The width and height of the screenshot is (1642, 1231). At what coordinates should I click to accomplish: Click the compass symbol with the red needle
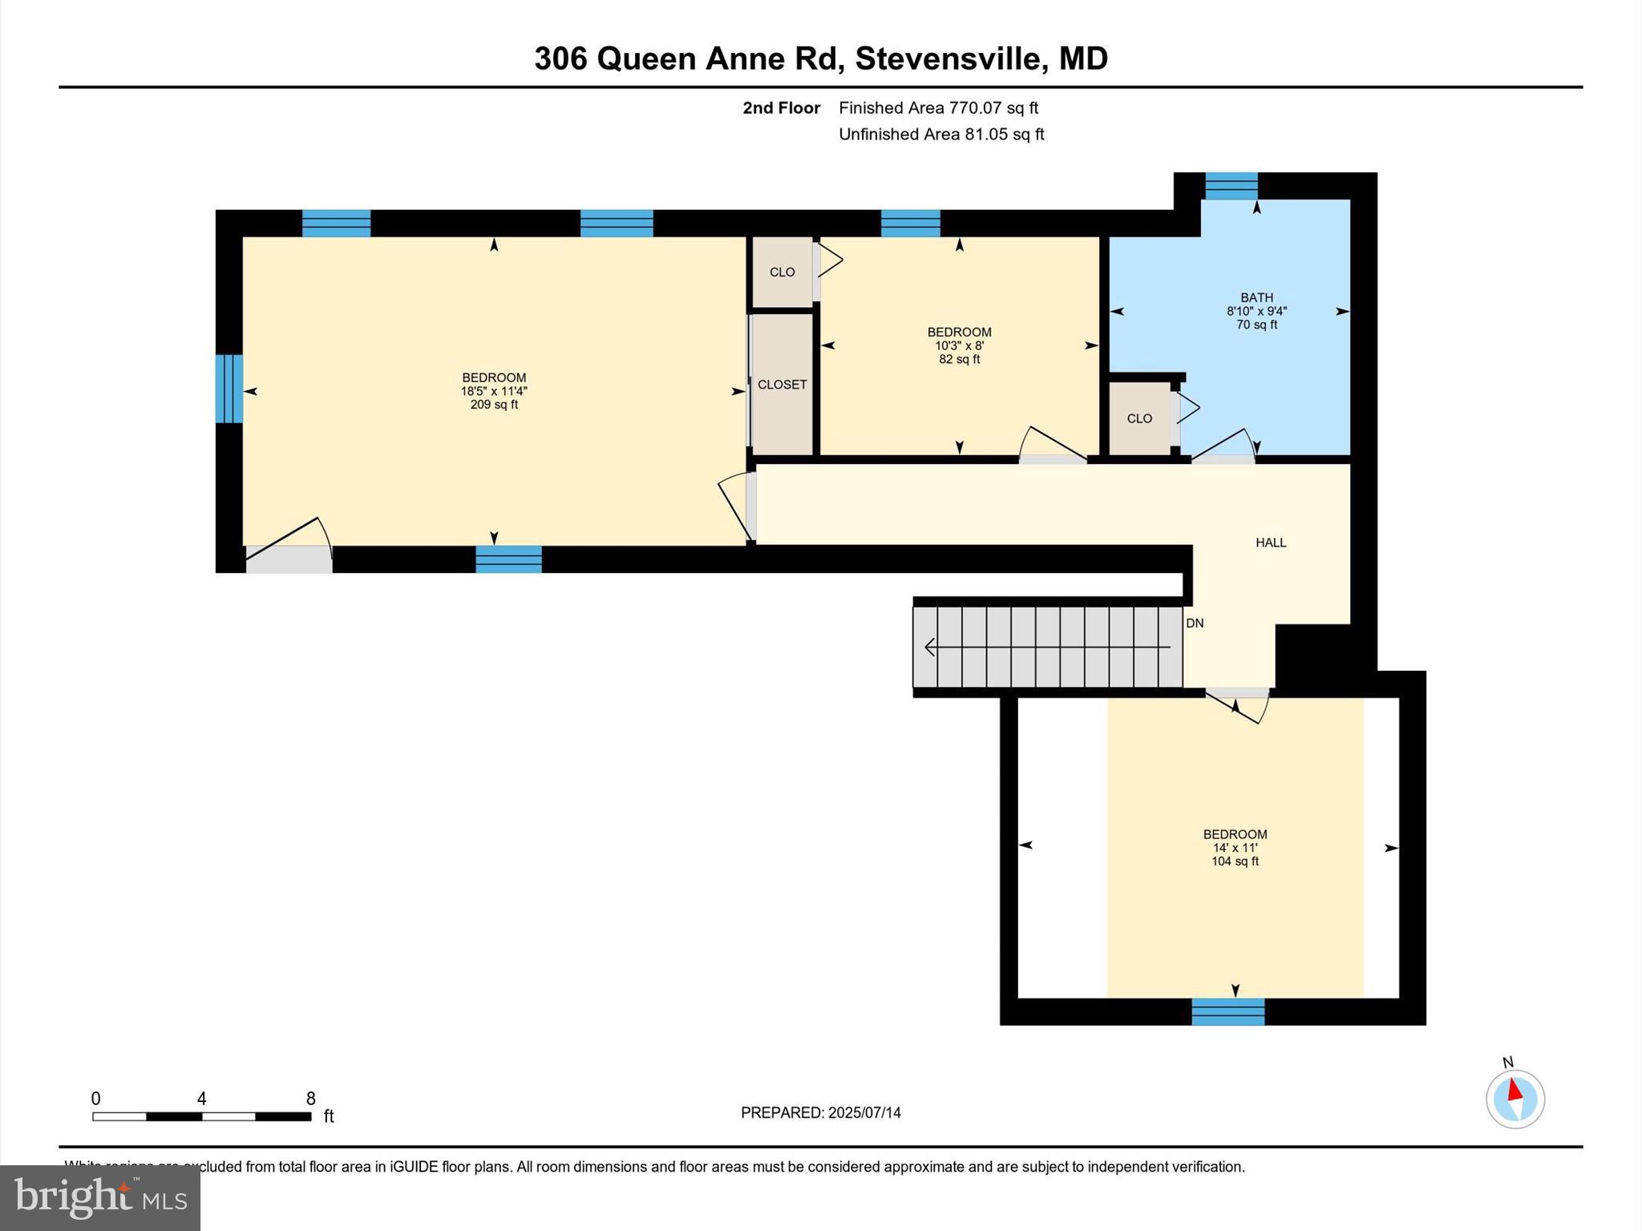[1515, 1099]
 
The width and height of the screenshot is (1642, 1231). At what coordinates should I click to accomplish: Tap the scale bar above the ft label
[201, 1116]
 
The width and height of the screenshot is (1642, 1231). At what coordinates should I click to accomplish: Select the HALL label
[1270, 543]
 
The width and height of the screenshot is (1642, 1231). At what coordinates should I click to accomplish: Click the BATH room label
[1256, 297]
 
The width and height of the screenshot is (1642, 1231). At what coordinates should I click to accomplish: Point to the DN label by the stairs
[1195, 623]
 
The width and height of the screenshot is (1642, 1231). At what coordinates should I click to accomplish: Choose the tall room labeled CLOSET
[782, 385]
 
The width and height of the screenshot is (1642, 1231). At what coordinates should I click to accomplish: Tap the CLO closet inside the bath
[1139, 418]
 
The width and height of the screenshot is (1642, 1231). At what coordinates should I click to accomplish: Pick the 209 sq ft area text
[494, 405]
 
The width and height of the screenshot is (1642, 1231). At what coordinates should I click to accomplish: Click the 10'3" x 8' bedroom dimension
[959, 345]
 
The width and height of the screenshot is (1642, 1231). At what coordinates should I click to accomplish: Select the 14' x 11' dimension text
[1235, 848]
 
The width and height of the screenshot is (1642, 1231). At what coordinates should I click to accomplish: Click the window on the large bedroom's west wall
[229, 389]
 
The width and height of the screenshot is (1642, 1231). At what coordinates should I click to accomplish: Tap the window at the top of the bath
[1231, 186]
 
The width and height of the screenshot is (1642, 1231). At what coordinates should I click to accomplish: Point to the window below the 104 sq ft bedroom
[1227, 1011]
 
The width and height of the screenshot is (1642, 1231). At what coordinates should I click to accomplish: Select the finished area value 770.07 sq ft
[993, 107]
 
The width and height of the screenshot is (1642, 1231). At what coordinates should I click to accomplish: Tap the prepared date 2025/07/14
[864, 1112]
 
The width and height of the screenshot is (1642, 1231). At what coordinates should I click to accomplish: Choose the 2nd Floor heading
[781, 107]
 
